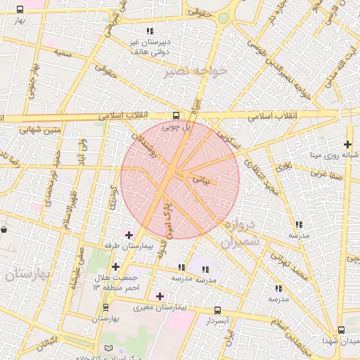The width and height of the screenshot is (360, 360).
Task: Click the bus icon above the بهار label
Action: (x=19, y=10)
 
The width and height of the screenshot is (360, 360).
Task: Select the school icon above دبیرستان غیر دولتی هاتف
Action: (x=149, y=31)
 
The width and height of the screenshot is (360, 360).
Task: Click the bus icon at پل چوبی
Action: (x=176, y=115)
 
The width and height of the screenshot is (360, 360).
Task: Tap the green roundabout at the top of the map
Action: (x=224, y=18)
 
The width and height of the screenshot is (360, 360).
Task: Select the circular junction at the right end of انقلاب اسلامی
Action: (x=349, y=112)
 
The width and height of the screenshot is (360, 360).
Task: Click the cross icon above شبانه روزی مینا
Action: (x=347, y=143)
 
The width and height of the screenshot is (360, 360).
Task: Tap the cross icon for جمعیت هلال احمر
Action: (x=115, y=266)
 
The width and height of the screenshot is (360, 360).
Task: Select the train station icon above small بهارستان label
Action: (x=105, y=307)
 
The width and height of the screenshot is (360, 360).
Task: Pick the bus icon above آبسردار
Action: (x=217, y=309)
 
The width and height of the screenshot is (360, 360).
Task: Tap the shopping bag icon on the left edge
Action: (x=4, y=229)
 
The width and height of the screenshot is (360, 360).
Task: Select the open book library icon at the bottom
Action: (x=108, y=348)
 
